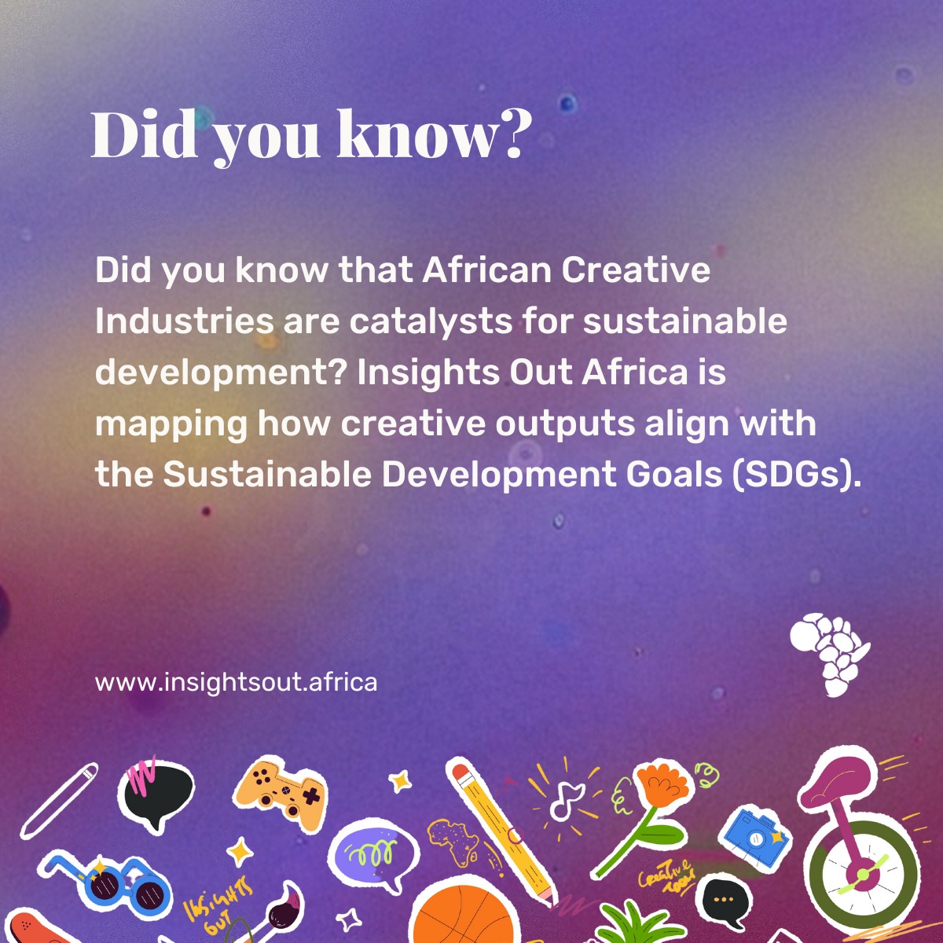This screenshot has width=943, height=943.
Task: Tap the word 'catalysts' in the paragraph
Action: click(431, 321)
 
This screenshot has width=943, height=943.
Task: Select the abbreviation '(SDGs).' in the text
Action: click(796, 474)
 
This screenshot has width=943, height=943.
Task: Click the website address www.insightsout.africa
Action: click(236, 682)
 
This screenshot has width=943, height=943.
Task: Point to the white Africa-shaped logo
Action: click(830, 654)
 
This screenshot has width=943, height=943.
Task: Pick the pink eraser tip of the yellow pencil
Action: click(461, 774)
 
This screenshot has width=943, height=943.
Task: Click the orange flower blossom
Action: click(664, 784)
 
